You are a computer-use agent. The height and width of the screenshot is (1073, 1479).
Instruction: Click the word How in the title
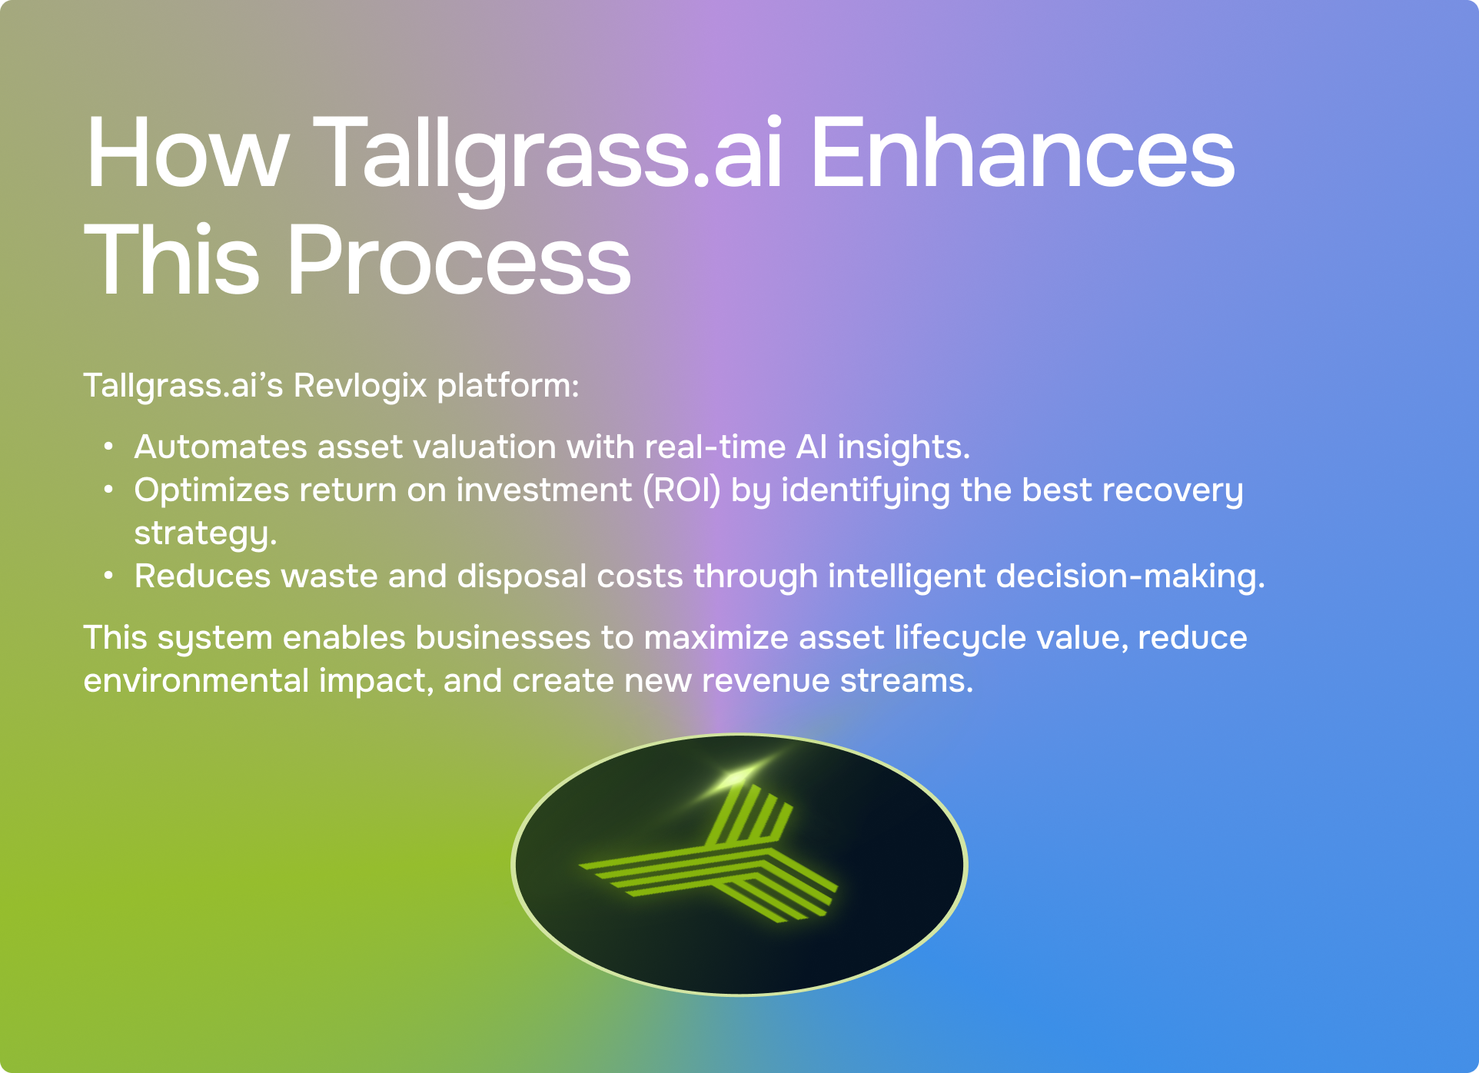pyautogui.click(x=188, y=152)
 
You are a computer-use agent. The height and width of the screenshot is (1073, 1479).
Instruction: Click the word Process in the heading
pyautogui.click(x=459, y=259)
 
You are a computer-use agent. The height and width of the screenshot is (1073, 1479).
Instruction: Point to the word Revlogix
pyautogui.click(x=360, y=386)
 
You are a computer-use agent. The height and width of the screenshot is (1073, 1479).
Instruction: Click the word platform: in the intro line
pyautogui.click(x=507, y=387)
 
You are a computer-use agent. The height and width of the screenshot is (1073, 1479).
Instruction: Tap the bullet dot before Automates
pyautogui.click(x=109, y=447)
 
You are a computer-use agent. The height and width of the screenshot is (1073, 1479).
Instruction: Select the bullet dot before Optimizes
pyautogui.click(x=109, y=490)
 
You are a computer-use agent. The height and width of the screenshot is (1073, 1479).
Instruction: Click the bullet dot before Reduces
pyautogui.click(x=109, y=576)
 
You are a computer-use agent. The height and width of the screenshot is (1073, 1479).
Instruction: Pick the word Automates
pyautogui.click(x=221, y=447)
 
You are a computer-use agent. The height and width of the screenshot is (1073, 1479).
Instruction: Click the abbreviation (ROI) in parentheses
pyautogui.click(x=682, y=490)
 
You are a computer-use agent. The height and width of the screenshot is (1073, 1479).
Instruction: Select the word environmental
pyautogui.click(x=196, y=681)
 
